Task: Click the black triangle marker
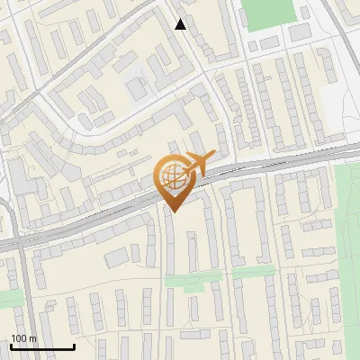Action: tap(181, 24)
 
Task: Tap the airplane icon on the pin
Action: tap(198, 164)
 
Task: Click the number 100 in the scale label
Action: tap(19, 338)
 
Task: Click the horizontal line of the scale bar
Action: tap(41, 347)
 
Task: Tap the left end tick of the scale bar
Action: tap(10, 346)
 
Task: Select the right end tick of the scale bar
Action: tap(74, 346)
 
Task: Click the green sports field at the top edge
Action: tap(269, 13)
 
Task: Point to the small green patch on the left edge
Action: tap(9, 297)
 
